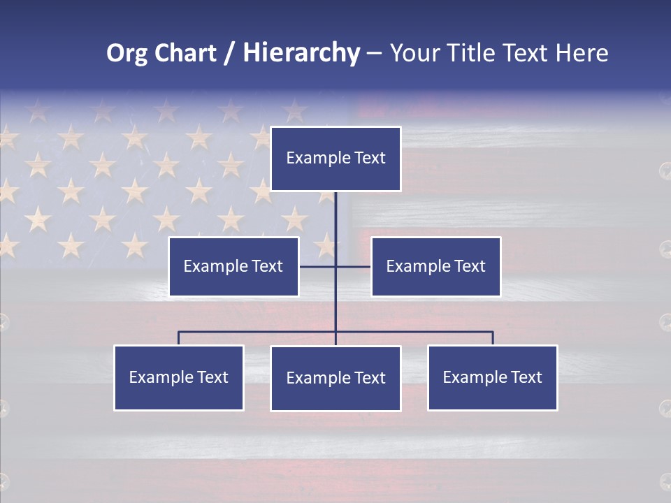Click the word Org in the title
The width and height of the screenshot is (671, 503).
click(126, 53)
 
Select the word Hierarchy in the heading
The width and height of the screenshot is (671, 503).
click(301, 53)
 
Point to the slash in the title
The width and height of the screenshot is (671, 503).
click(229, 53)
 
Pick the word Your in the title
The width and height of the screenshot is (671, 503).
click(412, 53)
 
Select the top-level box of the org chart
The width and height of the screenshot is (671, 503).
click(335, 159)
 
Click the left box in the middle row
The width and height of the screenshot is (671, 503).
click(233, 266)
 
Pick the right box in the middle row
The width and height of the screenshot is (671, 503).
click(436, 266)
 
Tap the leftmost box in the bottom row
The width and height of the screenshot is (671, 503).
click(179, 378)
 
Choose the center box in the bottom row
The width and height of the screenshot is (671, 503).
click(335, 379)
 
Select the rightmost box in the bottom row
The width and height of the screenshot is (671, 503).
click(493, 378)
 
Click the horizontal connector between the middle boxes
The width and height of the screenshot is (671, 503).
click(318, 266)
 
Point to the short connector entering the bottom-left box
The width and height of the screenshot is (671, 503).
click(179, 338)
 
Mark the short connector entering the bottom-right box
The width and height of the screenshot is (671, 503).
click(493, 338)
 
